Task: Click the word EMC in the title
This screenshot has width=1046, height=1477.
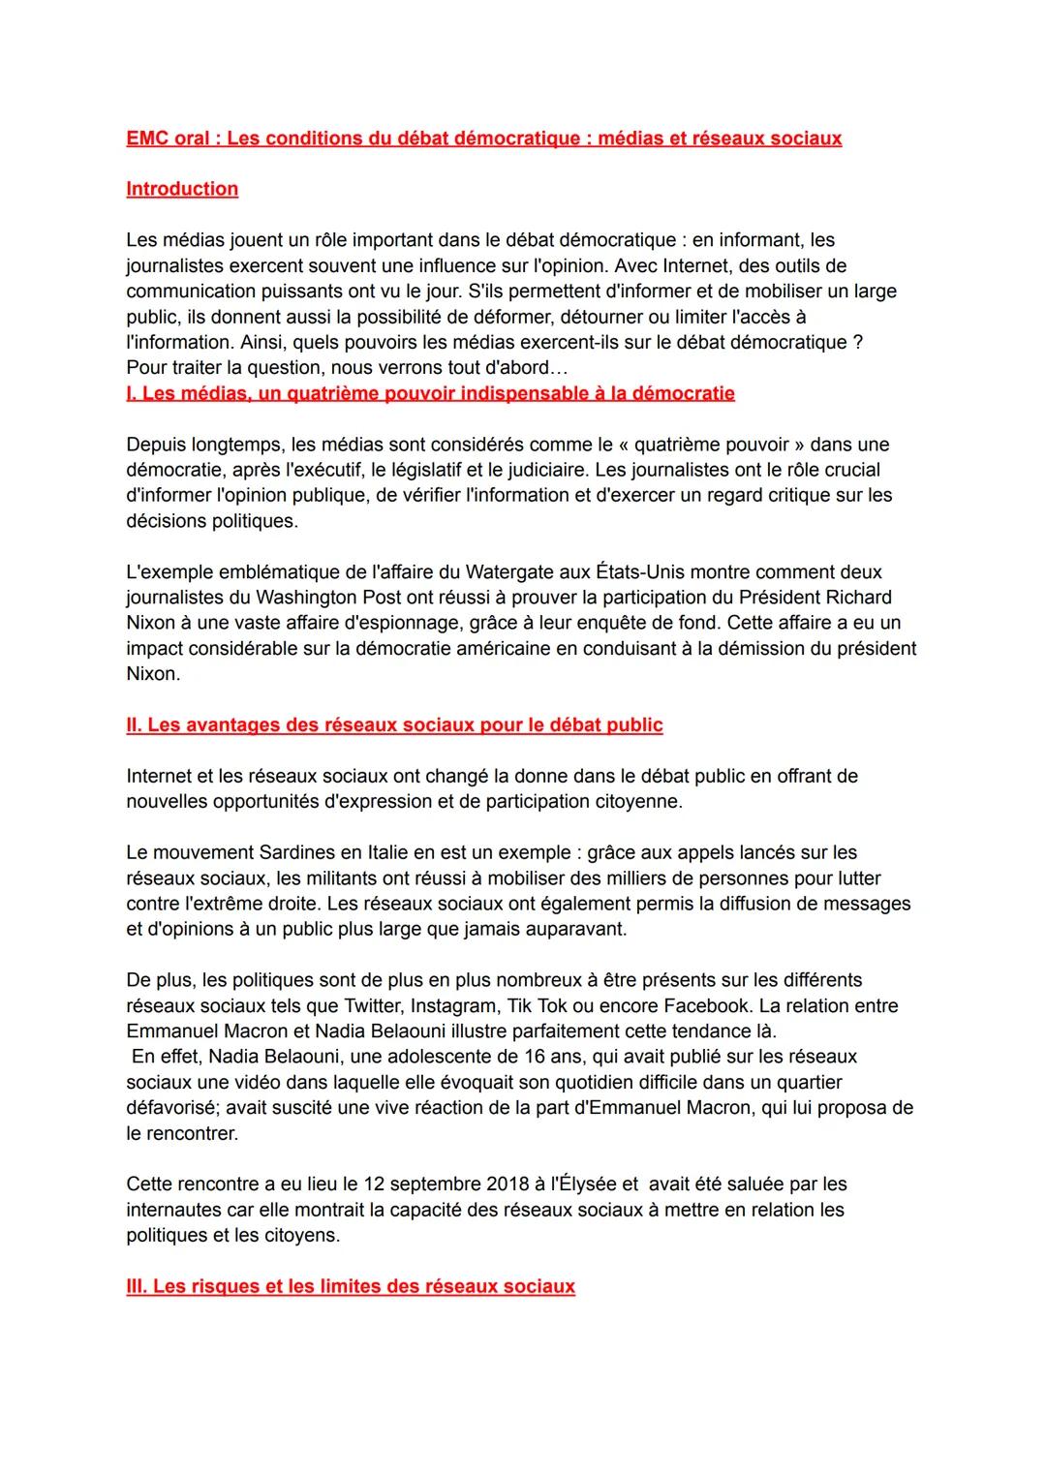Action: (x=147, y=138)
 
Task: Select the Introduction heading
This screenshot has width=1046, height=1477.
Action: (x=182, y=189)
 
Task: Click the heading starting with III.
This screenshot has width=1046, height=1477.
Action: (x=351, y=1287)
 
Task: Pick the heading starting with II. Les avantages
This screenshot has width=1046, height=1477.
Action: (x=394, y=725)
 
